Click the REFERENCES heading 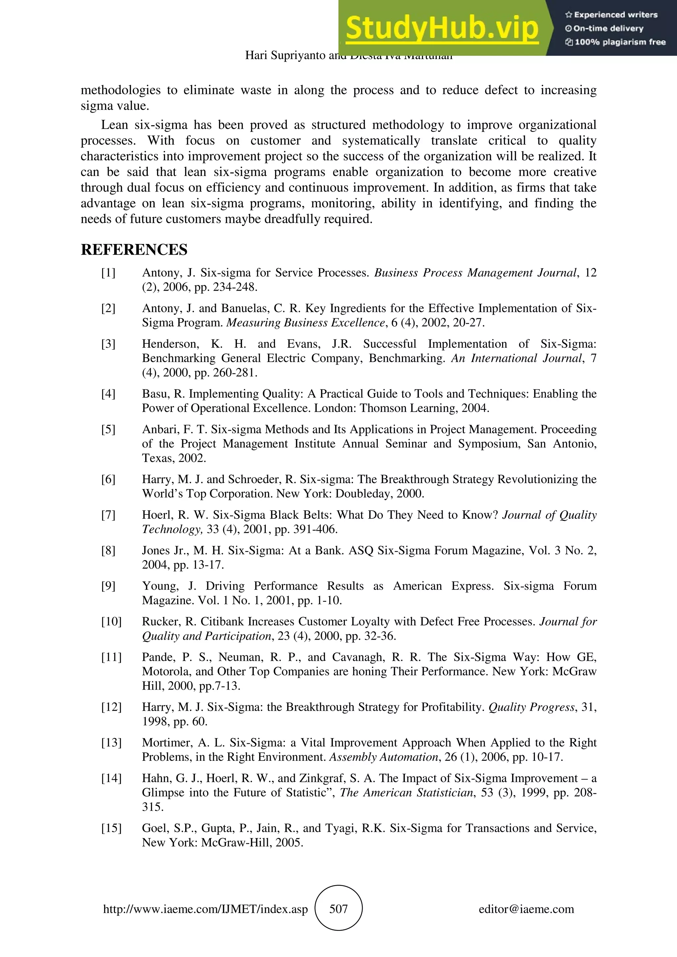tap(134, 250)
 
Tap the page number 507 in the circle tap(338, 909)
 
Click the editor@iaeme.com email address tap(526, 909)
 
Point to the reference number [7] tap(108, 515)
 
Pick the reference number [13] tap(111, 743)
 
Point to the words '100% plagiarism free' tap(620, 42)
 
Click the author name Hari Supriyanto tap(285, 55)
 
